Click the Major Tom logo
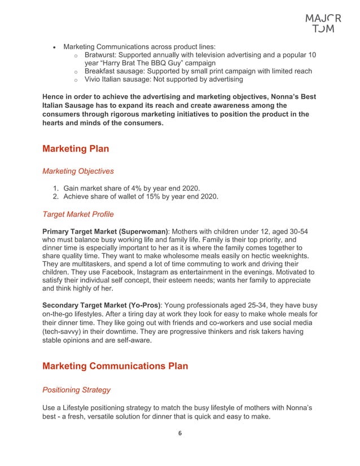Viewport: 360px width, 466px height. [x=323, y=23]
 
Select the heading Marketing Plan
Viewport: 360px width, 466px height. [x=76, y=149]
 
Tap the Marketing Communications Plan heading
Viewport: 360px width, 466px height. [x=115, y=366]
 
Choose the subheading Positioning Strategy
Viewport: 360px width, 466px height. [x=76, y=390]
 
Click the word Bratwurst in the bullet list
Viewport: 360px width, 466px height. [x=102, y=55]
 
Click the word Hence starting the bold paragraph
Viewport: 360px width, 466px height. [x=55, y=96]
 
